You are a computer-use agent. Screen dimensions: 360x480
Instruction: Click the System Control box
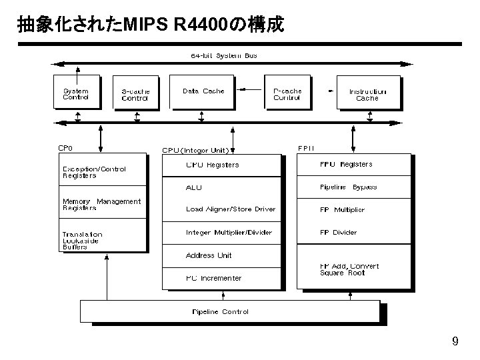[76, 93]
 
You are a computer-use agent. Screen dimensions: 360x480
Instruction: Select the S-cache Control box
[135, 94]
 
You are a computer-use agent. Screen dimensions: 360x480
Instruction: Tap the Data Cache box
[203, 92]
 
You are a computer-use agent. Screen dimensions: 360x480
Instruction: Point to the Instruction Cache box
[367, 94]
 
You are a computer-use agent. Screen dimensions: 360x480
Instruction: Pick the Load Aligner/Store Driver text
[230, 209]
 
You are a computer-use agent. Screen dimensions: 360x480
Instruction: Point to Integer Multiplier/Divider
[229, 232]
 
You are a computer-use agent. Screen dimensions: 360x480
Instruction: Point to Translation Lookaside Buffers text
[83, 240]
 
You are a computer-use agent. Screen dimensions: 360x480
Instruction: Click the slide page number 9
[455, 342]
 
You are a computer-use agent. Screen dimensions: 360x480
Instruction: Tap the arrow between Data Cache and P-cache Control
[251, 89]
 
